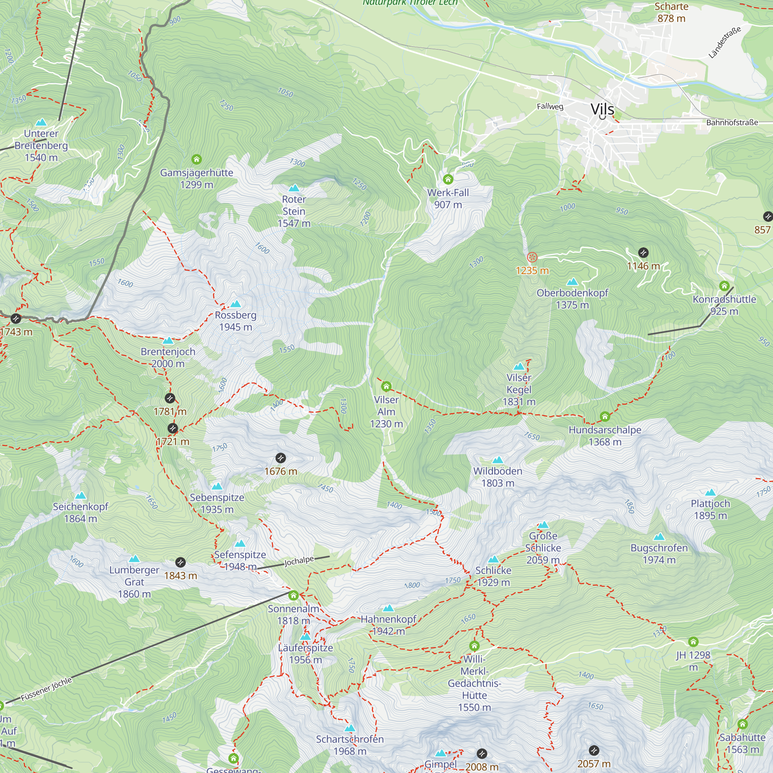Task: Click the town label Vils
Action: click(602, 109)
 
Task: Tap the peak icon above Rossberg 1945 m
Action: click(236, 304)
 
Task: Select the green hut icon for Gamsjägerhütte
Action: click(196, 159)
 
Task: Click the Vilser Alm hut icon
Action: click(386, 386)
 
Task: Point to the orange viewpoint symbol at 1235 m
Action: click(532, 257)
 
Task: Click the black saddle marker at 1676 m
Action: click(281, 458)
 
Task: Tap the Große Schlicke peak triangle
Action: click(543, 524)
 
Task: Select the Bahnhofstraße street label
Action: click(732, 123)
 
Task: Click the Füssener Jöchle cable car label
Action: click(46, 689)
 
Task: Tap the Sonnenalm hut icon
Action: click(293, 595)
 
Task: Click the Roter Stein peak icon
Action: click(294, 188)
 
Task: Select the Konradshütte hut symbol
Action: click(724, 286)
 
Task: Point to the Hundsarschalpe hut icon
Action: click(605, 417)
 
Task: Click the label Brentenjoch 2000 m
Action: click(168, 357)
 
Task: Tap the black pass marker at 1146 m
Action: click(643, 252)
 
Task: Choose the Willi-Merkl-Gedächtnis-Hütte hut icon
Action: click(474, 645)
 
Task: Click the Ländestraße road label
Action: click(725, 43)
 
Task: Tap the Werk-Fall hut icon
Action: click(448, 179)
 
